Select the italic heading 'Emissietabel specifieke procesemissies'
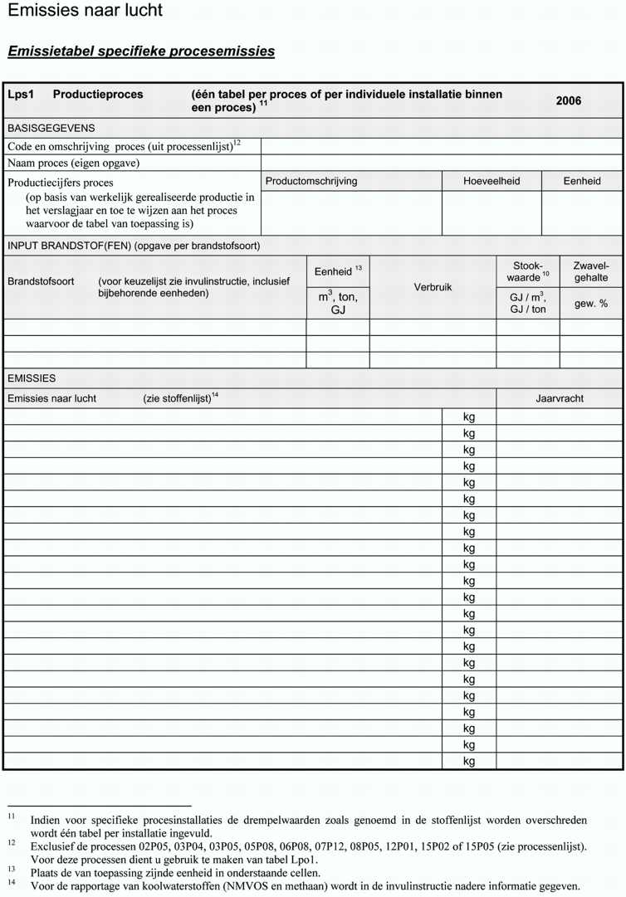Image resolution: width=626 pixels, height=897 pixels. [x=141, y=51]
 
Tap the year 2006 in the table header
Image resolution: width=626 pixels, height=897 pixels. [x=569, y=101]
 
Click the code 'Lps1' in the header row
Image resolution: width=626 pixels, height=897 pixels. [x=21, y=95]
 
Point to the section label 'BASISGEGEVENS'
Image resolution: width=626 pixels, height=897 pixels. [x=51, y=129]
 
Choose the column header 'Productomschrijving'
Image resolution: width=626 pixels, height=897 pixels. [x=311, y=181]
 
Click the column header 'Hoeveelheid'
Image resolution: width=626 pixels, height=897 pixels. [x=492, y=181]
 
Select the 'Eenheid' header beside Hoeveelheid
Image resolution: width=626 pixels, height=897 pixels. [x=582, y=181]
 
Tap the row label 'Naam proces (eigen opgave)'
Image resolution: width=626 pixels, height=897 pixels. [x=74, y=163]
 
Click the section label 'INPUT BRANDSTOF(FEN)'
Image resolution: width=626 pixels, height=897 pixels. [x=69, y=246]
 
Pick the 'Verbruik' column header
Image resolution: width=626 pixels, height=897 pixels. [x=433, y=287]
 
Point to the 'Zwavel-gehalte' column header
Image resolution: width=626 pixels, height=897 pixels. [x=590, y=272]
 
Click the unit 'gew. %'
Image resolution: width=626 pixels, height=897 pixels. [x=590, y=304]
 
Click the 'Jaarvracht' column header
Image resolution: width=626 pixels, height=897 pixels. [x=560, y=398]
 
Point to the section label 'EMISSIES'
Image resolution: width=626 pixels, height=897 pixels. [x=32, y=378]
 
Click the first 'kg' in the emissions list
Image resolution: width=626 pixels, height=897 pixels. [x=469, y=417]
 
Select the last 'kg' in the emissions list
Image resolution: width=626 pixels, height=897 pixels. [x=469, y=761]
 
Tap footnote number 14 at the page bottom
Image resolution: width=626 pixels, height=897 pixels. [x=12, y=884]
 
